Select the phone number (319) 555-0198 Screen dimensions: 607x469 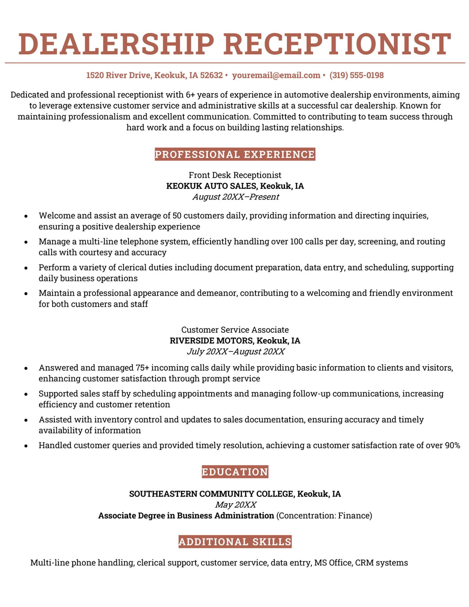356,75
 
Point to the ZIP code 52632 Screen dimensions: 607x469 211,75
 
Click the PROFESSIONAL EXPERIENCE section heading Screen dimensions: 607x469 234,154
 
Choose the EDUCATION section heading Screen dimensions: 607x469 234,472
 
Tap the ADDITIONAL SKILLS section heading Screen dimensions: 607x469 234,541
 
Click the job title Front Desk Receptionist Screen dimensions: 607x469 234,175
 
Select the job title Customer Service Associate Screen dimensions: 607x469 234,330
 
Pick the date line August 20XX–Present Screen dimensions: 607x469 235,197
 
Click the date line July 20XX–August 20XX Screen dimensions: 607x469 235,352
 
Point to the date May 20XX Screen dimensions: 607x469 235,504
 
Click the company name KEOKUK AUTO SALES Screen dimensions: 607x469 212,186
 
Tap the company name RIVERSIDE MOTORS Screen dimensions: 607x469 212,341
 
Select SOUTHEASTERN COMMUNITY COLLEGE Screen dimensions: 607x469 212,494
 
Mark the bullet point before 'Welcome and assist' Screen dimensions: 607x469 26,216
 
